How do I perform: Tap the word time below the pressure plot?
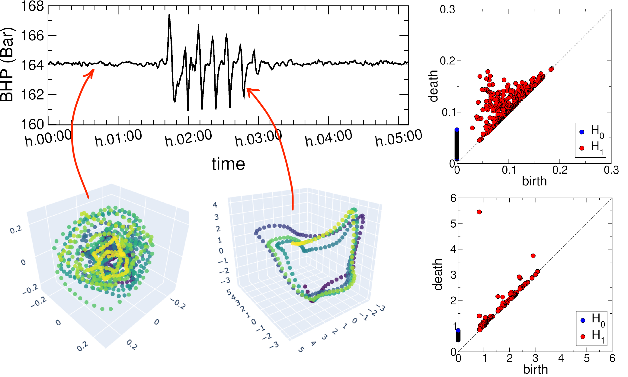228,164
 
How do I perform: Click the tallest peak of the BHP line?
169,15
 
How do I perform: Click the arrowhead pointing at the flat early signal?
92,71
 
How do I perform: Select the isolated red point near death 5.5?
479,212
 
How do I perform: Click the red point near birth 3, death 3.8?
533,256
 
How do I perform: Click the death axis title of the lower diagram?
438,274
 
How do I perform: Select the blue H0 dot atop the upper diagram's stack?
457,130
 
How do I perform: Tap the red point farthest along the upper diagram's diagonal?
551,69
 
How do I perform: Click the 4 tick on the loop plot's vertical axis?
215,205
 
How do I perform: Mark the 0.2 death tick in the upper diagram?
447,61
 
